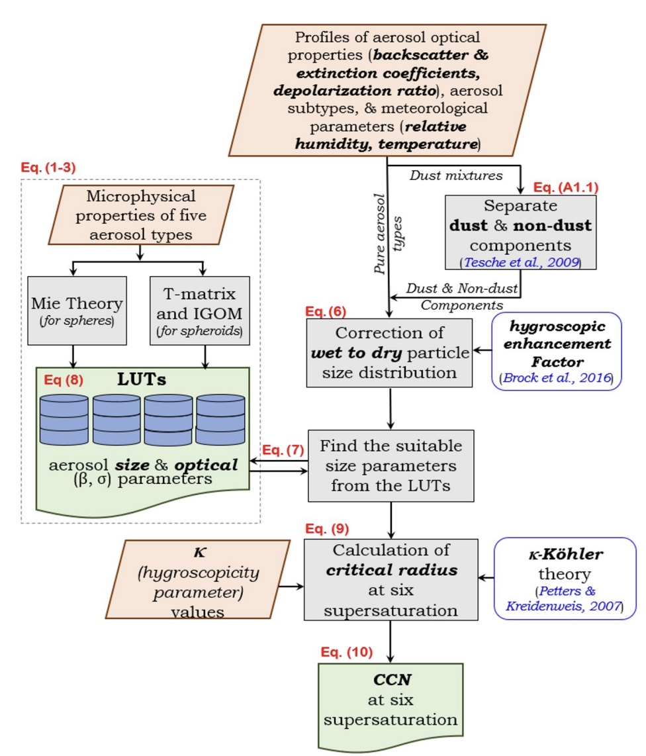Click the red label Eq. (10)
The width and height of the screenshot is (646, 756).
pyautogui.click(x=346, y=652)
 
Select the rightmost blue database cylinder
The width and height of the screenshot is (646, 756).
pyautogui.click(x=220, y=420)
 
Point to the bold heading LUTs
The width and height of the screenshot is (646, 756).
pyautogui.click(x=143, y=381)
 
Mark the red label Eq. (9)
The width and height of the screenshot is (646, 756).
pyautogui.click(x=326, y=529)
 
